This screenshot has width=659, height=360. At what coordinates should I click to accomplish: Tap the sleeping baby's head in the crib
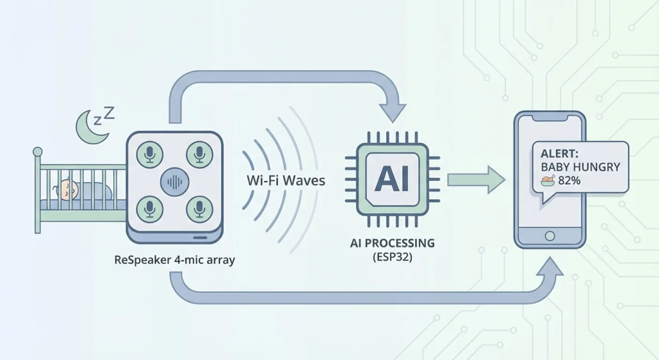click(x=68, y=189)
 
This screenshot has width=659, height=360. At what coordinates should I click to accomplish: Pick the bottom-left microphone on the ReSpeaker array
click(x=150, y=208)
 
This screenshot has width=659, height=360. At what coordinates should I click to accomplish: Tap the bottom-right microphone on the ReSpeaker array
click(x=199, y=208)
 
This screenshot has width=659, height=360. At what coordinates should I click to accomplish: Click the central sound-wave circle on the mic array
click(x=174, y=182)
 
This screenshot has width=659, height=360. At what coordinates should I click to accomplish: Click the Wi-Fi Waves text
click(x=286, y=180)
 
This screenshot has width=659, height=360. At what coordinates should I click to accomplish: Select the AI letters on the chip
click(x=393, y=178)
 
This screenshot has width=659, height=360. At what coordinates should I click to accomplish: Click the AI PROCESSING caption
click(x=393, y=243)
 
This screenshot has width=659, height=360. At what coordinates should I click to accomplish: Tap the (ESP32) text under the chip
click(x=393, y=257)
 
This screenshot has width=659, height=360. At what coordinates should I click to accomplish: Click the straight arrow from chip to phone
click(x=476, y=179)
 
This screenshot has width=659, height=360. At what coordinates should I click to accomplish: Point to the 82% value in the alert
click(x=569, y=181)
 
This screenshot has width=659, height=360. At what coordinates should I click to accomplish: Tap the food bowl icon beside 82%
click(x=548, y=181)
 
